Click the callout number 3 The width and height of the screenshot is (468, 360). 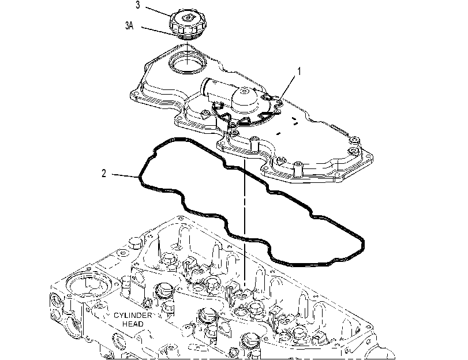[x=137, y=5]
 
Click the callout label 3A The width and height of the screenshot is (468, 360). [x=129, y=25]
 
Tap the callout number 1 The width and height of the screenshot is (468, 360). [x=299, y=72]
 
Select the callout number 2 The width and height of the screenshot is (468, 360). [x=103, y=174]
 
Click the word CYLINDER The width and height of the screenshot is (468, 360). [x=133, y=316]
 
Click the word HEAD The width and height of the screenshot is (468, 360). [x=133, y=324]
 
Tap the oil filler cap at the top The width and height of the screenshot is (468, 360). [x=186, y=23]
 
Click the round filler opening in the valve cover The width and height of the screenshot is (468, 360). [x=187, y=63]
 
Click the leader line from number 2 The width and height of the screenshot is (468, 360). [x=125, y=175]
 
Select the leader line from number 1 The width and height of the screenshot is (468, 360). [x=287, y=87]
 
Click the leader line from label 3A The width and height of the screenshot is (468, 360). [x=160, y=32]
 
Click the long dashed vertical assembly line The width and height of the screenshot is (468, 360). [x=245, y=224]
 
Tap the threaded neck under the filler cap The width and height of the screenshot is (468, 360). [x=187, y=37]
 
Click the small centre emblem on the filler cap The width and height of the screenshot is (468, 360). [x=187, y=18]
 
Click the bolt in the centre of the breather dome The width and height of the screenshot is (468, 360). [x=245, y=91]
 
